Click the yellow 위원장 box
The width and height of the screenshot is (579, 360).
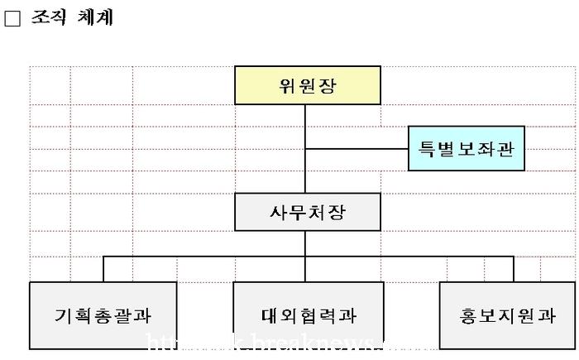pos(308,86)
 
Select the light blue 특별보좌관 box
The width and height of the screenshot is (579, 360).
pos(467,150)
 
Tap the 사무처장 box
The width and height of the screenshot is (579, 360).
pos(308,212)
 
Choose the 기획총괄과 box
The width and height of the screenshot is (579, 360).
pos(103,314)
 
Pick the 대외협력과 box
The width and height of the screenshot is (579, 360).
pos(308,314)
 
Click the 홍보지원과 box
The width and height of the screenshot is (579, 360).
pos(508,314)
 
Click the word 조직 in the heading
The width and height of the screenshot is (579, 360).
pos(48,17)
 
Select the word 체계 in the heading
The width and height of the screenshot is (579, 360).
pos(95,17)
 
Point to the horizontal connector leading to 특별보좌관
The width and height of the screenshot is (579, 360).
pos(356,149)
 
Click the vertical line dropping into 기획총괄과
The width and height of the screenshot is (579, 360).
pos(103,269)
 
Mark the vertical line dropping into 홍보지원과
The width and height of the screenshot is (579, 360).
pos(513,269)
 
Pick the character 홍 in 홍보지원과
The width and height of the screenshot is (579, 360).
pos(469,315)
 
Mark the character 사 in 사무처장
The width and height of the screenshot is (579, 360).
pos(278,213)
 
